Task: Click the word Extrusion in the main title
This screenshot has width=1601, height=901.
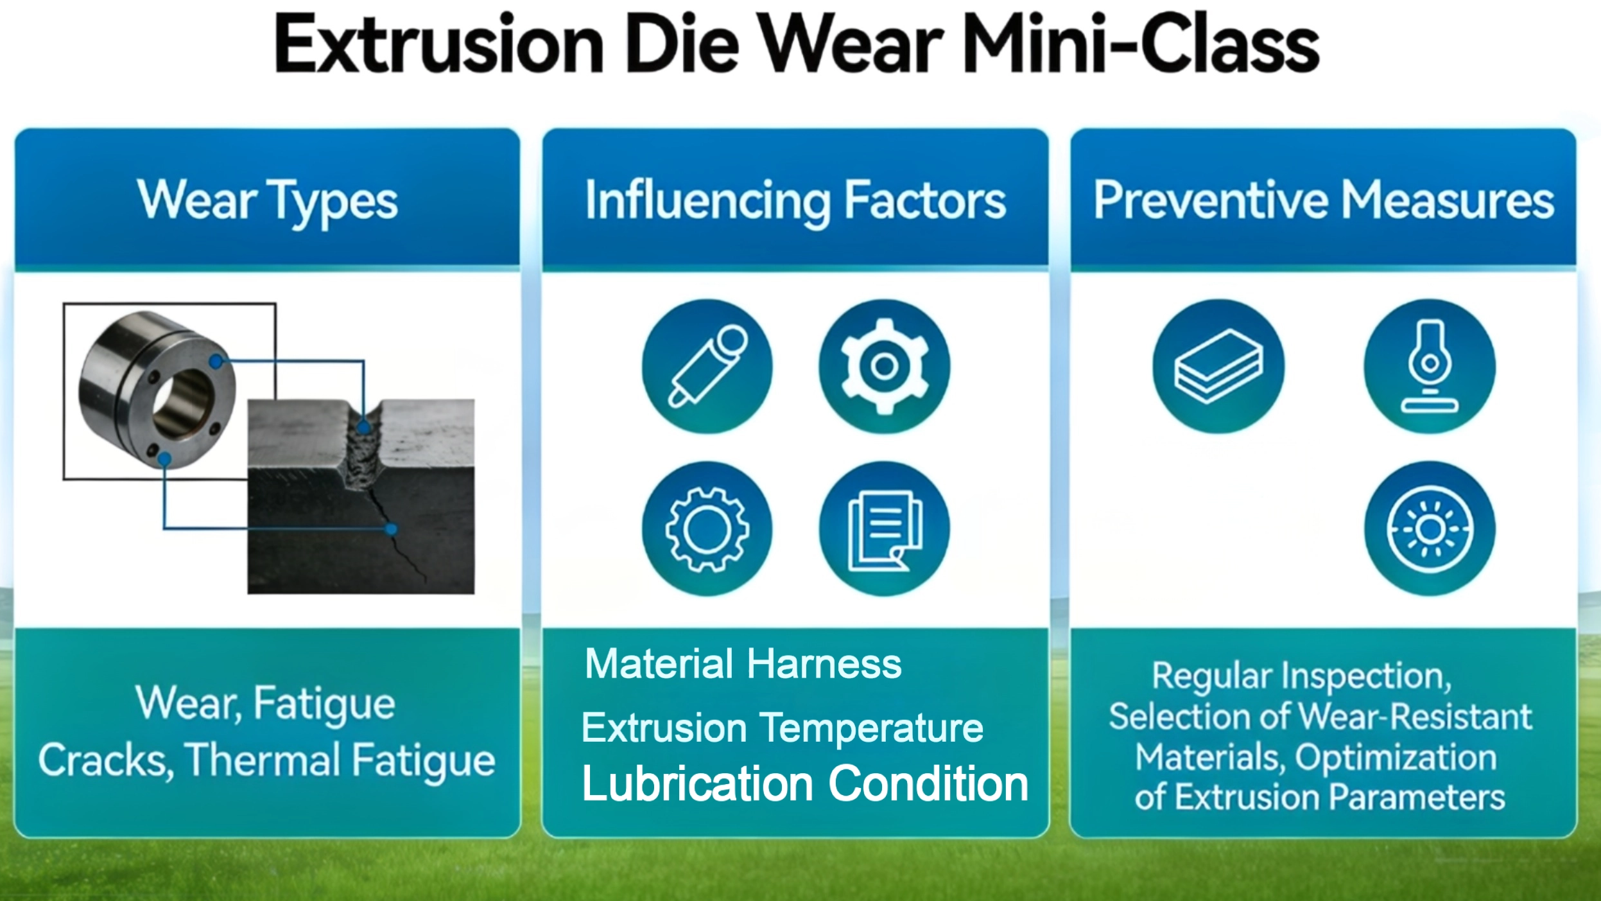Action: click(439, 44)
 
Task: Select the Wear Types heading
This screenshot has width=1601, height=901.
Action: click(267, 201)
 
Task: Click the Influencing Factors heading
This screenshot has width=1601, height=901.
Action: click(795, 201)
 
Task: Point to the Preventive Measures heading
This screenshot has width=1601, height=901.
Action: click(1324, 200)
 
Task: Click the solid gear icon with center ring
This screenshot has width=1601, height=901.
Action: click(884, 366)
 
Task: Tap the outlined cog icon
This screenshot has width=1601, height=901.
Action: click(707, 529)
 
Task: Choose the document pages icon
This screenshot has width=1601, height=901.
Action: click(884, 529)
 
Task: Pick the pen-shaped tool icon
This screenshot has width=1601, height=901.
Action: click(707, 366)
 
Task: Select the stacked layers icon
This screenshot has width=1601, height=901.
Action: click(1218, 366)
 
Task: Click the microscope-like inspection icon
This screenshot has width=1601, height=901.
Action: click(1430, 366)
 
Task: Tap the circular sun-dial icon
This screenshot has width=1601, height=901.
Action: click(1430, 529)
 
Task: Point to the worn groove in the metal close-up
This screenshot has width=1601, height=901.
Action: click(363, 450)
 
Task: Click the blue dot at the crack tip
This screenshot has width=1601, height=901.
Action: click(390, 529)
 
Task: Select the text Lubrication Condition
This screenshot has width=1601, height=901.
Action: click(805, 784)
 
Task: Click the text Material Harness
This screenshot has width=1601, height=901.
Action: click(743, 663)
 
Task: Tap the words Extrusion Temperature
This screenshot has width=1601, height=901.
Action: click(783, 728)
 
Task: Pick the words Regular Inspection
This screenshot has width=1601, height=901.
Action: click(1301, 677)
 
